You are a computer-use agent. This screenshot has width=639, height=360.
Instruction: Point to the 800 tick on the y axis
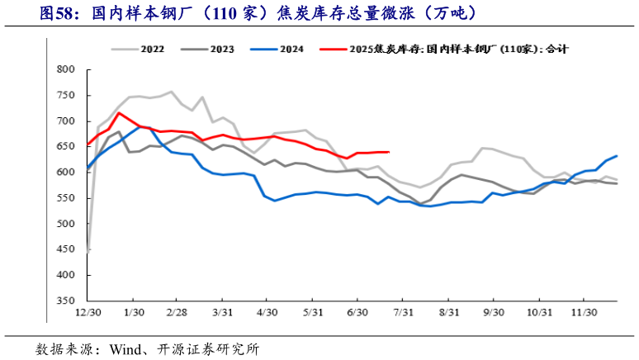(x=64, y=69)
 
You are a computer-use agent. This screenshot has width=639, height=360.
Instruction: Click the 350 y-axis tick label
(x=64, y=301)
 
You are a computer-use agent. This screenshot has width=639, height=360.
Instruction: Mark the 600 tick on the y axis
(x=64, y=173)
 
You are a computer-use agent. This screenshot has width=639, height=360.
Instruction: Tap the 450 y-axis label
(x=64, y=250)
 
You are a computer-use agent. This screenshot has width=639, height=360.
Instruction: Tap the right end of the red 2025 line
(x=389, y=152)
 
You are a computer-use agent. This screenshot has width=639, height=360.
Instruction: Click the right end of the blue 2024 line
(x=617, y=156)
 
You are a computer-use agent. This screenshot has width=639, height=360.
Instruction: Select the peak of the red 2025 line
(x=119, y=113)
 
